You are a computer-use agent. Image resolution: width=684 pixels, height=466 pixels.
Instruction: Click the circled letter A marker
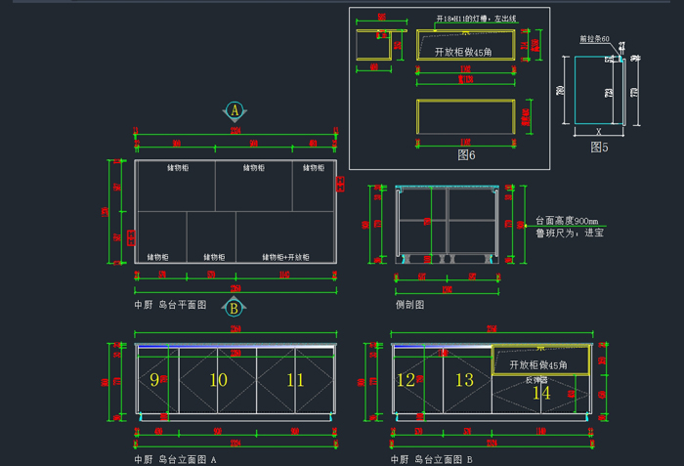[x=235, y=110]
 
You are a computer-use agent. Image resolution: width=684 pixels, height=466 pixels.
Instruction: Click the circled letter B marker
[x=234, y=308]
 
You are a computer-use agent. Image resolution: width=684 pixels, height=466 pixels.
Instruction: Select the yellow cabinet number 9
[x=154, y=379]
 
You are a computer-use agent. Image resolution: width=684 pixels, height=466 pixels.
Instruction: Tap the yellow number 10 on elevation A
[x=219, y=379]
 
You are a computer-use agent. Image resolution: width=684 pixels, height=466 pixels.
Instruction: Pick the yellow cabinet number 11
[x=295, y=379]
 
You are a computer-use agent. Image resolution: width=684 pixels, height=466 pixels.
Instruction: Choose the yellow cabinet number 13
[x=464, y=379]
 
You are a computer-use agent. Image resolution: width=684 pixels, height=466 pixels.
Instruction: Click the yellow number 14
[x=540, y=393]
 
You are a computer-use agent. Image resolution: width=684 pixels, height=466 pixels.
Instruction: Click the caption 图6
[x=465, y=154]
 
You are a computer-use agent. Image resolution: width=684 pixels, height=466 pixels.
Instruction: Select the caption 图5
[x=599, y=147]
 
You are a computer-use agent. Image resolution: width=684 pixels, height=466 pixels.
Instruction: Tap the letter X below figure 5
[x=598, y=130]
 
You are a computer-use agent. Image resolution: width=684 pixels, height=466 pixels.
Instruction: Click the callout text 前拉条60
[x=595, y=40]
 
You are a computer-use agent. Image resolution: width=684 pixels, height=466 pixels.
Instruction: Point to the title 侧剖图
[x=409, y=305]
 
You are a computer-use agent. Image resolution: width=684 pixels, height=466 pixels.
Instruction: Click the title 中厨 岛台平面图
[x=170, y=305]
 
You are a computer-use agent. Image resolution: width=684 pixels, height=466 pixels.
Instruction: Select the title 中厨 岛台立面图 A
[x=175, y=458]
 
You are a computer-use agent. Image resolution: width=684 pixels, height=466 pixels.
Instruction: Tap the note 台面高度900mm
[x=567, y=221]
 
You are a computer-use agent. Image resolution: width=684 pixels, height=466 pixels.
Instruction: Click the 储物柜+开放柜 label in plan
[x=285, y=257]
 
